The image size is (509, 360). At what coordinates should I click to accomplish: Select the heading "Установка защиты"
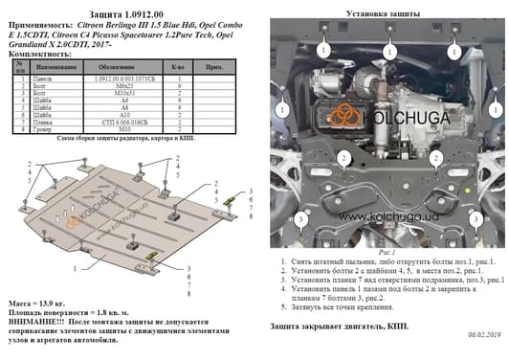[x=382, y=13]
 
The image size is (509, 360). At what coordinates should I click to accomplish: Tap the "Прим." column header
[x=213, y=68]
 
